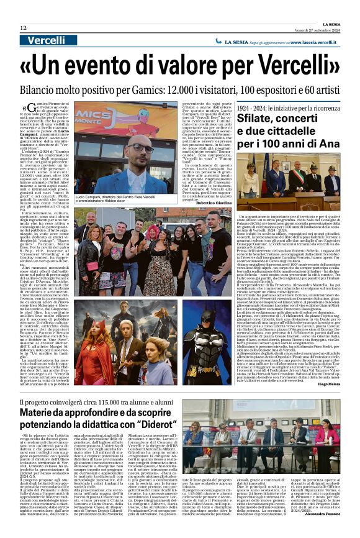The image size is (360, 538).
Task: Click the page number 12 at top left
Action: [x=23, y=28]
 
